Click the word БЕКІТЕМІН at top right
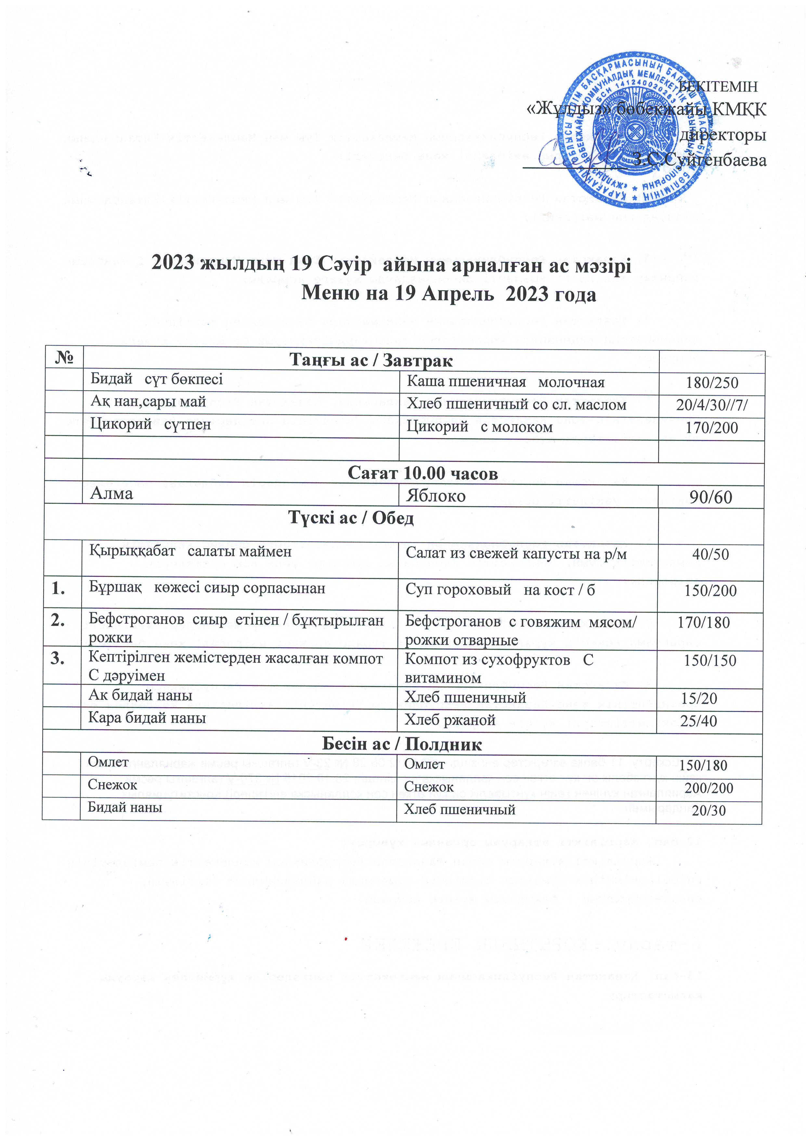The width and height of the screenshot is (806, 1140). tap(719, 86)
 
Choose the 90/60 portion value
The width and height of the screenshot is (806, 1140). tap(711, 497)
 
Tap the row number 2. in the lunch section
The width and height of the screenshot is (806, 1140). tap(58, 621)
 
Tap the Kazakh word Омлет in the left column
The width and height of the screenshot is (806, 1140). tap(108, 762)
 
